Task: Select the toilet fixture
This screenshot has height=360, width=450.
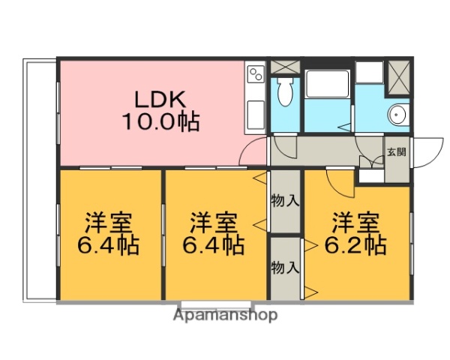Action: [x=285, y=94]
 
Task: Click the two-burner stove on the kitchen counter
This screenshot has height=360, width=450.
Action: [x=256, y=74]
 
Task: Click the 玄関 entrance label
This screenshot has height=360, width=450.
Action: [x=397, y=151]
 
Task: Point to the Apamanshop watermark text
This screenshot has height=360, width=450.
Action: [x=225, y=316]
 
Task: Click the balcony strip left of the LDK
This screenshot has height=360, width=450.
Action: [x=40, y=180]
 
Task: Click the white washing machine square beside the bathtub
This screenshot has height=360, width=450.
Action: [x=369, y=72]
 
